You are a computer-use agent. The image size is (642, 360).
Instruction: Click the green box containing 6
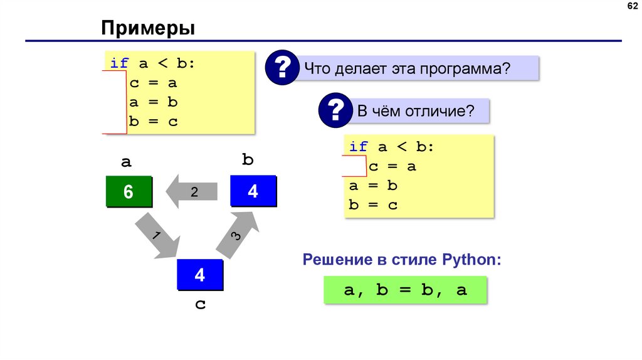129,192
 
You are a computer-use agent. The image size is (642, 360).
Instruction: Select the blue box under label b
253,191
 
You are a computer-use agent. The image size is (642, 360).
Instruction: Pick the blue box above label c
199,274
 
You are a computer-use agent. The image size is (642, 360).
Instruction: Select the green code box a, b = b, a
406,291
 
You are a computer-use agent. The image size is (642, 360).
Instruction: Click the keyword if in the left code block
119,63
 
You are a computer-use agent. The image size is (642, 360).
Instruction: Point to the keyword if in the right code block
358,147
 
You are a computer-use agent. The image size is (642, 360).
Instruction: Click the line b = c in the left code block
154,122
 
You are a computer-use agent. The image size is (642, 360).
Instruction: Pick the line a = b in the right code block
374,186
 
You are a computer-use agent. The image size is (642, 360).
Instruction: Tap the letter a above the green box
126,162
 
